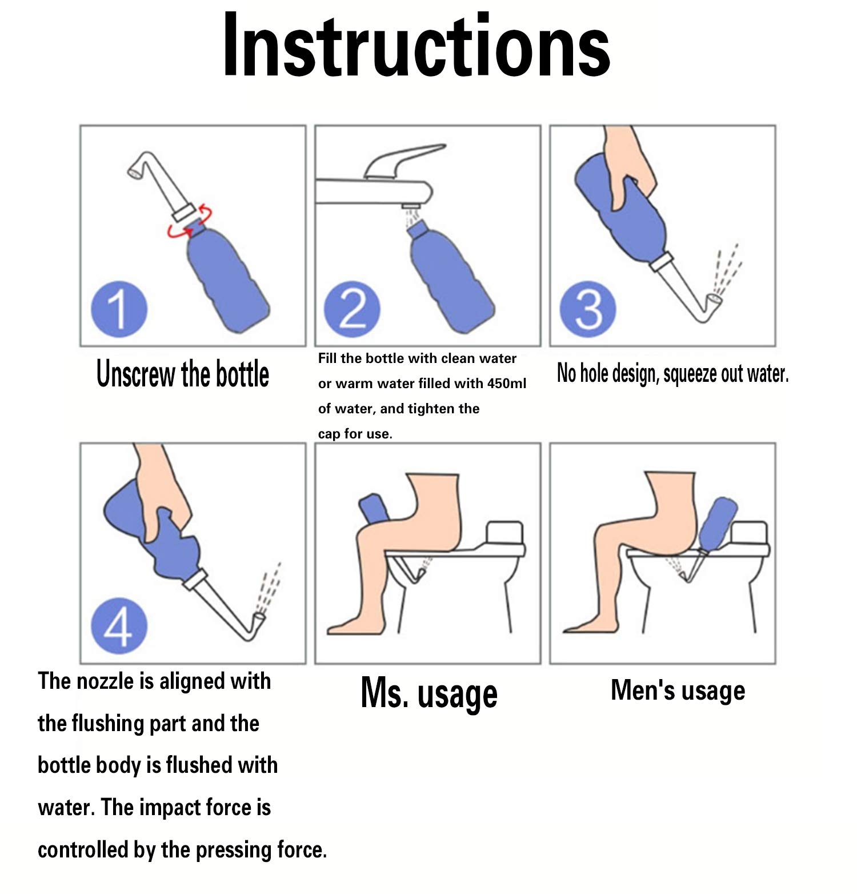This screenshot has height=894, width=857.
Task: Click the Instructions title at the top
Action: [x=417, y=46]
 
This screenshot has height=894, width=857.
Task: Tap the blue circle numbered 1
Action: [x=119, y=309]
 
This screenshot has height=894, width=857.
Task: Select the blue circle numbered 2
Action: [x=352, y=309]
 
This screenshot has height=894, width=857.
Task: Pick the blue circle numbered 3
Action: [x=588, y=309]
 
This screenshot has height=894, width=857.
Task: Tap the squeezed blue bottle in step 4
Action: [x=154, y=532]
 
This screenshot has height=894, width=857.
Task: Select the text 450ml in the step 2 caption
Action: [x=507, y=384]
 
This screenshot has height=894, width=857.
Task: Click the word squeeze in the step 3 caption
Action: [x=690, y=374]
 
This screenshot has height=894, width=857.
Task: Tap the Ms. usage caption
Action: [x=429, y=693]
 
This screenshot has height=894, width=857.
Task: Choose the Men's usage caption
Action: [x=678, y=690]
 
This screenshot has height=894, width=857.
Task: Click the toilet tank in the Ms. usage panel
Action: [x=504, y=532]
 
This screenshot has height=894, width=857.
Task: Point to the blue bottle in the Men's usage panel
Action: [x=716, y=524]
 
